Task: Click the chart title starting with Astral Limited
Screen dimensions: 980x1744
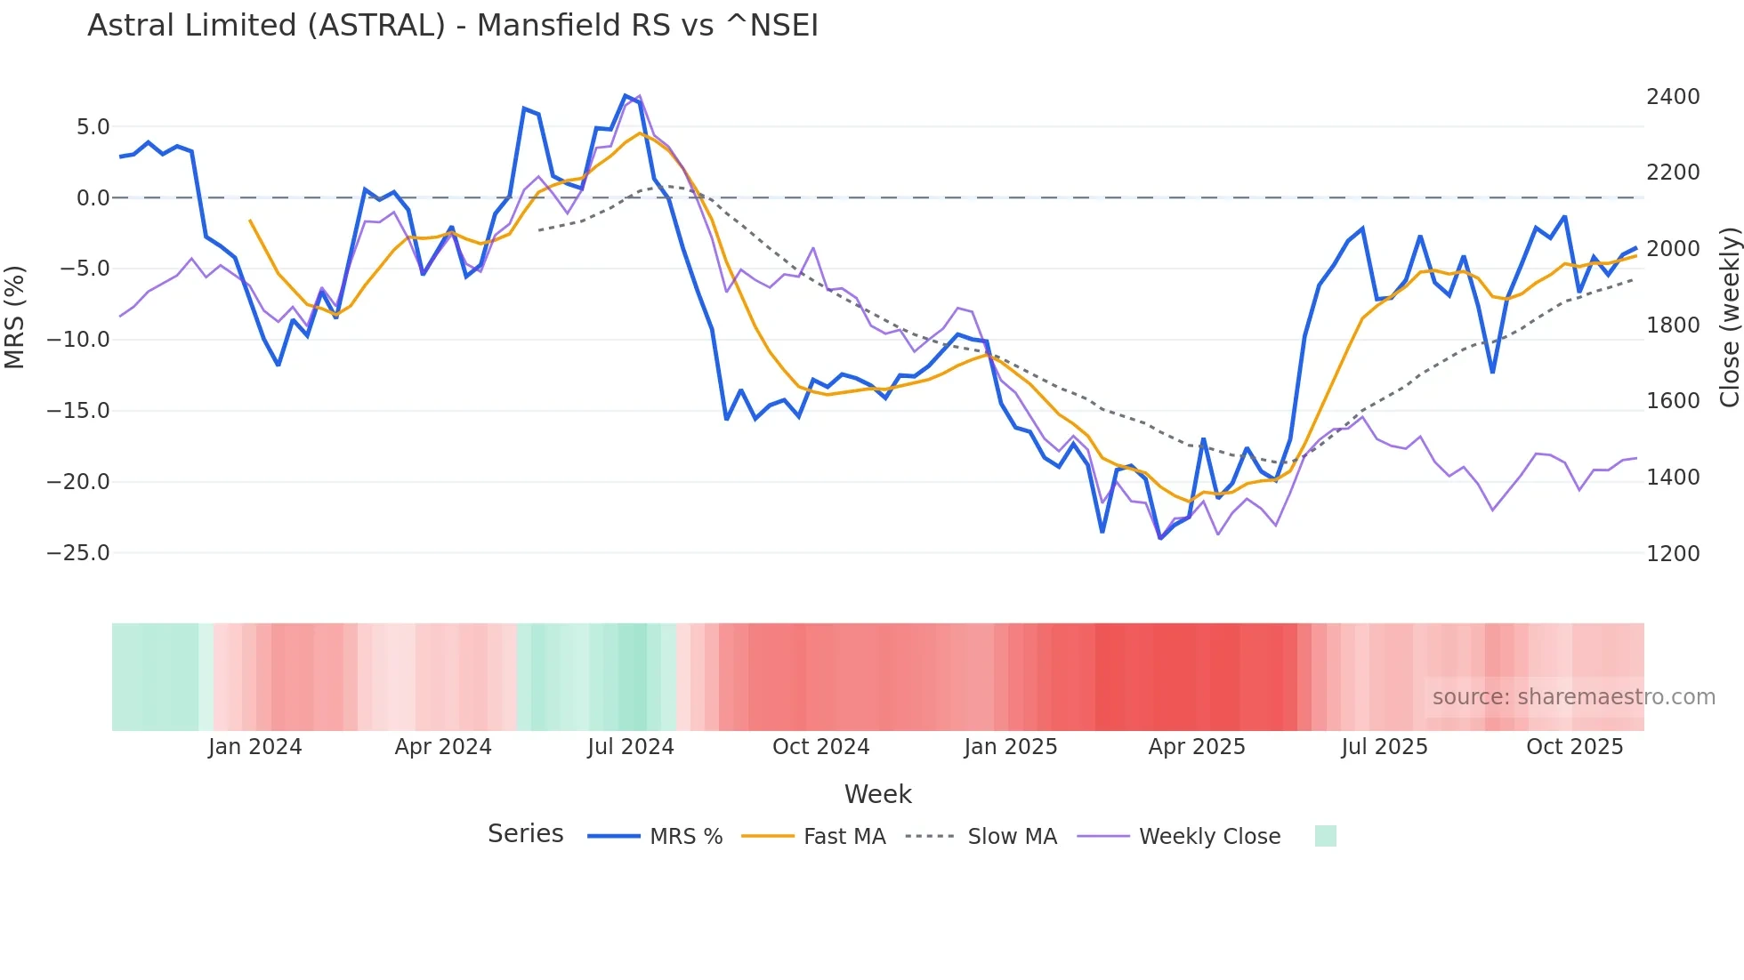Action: click(452, 26)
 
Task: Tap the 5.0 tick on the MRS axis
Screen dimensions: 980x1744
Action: click(93, 127)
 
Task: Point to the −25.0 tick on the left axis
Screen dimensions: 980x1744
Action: click(78, 553)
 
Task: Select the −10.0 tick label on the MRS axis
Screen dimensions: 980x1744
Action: click(78, 340)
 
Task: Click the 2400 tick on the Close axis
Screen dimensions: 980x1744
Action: click(1673, 97)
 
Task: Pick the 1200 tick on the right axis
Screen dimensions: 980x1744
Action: click(1673, 554)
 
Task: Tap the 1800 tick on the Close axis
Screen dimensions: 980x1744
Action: click(1673, 325)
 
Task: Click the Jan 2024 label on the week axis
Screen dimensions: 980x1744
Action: click(255, 747)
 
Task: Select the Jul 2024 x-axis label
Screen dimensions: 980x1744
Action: click(631, 747)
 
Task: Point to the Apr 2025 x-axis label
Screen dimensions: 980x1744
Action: click(1197, 747)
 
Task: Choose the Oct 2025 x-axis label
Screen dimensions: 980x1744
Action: click(1575, 747)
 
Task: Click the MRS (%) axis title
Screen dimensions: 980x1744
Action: click(15, 317)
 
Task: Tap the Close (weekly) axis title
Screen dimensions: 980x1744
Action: click(1729, 317)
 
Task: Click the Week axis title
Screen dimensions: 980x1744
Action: click(877, 794)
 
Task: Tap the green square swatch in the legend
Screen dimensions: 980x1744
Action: click(1325, 836)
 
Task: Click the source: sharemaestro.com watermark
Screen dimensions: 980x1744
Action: click(1573, 697)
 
